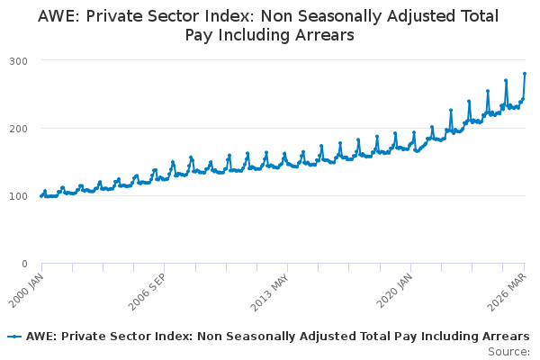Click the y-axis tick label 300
19,61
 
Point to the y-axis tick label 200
19,130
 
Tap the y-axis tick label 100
19,196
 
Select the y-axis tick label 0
24,265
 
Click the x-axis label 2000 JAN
26,291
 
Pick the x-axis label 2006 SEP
148,292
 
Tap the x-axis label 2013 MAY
270,292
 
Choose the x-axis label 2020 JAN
394,291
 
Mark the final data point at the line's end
525,74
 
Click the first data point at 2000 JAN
41,196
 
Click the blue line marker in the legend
14,337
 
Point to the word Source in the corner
508,352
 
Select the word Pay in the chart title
199,36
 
